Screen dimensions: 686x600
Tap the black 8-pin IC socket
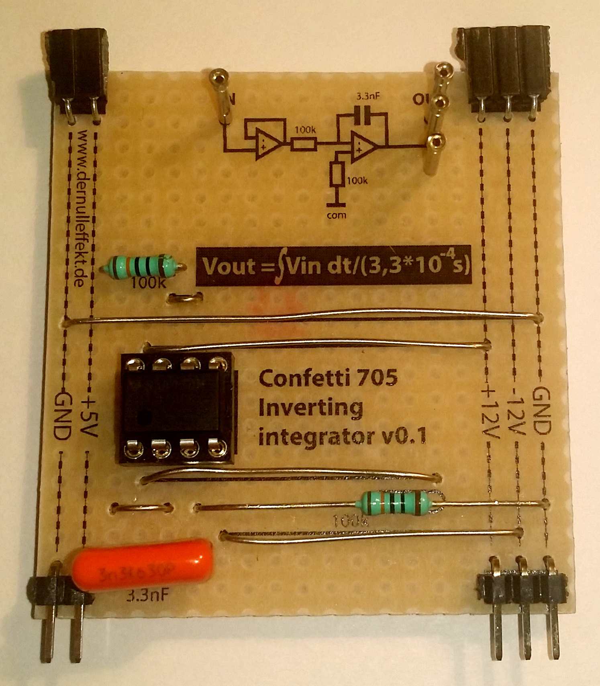coord(175,408)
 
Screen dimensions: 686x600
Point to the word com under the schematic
coord(336,215)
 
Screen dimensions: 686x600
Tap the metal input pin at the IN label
coord(222,96)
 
